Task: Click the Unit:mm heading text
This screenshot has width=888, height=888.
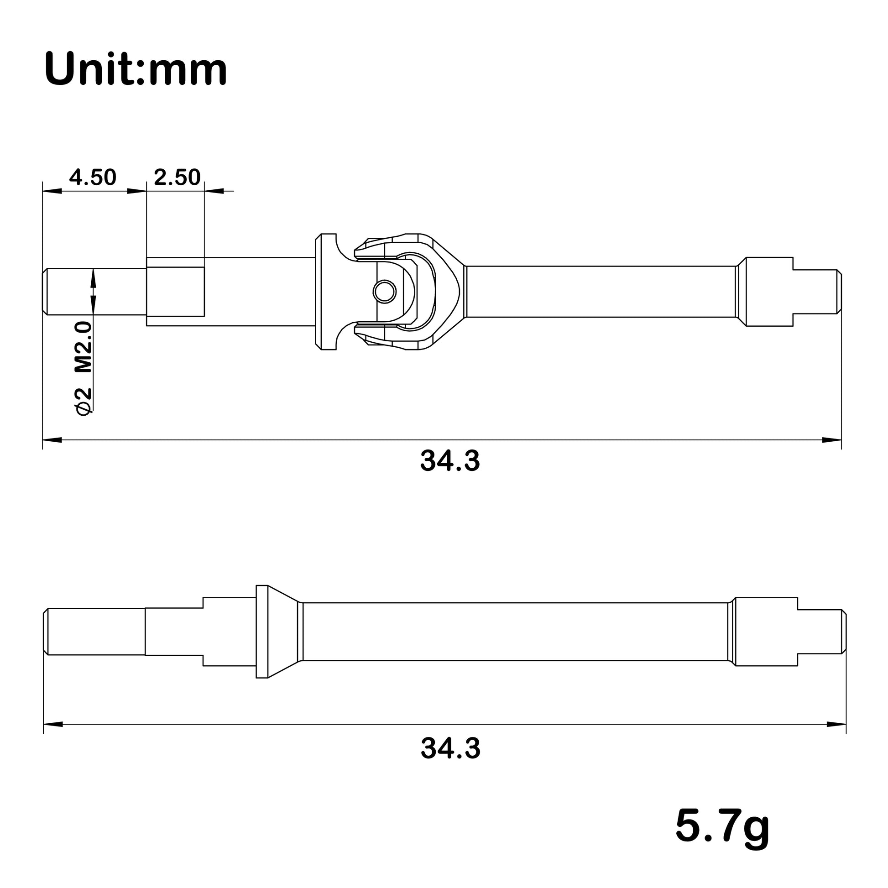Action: pos(136,69)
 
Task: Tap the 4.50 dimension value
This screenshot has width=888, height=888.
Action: pos(93,178)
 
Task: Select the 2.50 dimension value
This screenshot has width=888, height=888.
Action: pos(177,178)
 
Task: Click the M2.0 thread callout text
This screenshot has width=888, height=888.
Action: pos(84,347)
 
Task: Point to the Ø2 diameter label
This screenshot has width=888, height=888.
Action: pos(84,401)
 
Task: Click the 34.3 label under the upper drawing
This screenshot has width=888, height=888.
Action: pos(449,461)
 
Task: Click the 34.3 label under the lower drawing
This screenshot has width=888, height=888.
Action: pos(450,748)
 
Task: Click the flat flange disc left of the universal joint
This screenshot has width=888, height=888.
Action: pos(325,292)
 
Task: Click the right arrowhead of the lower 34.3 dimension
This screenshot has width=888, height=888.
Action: pos(836,724)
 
